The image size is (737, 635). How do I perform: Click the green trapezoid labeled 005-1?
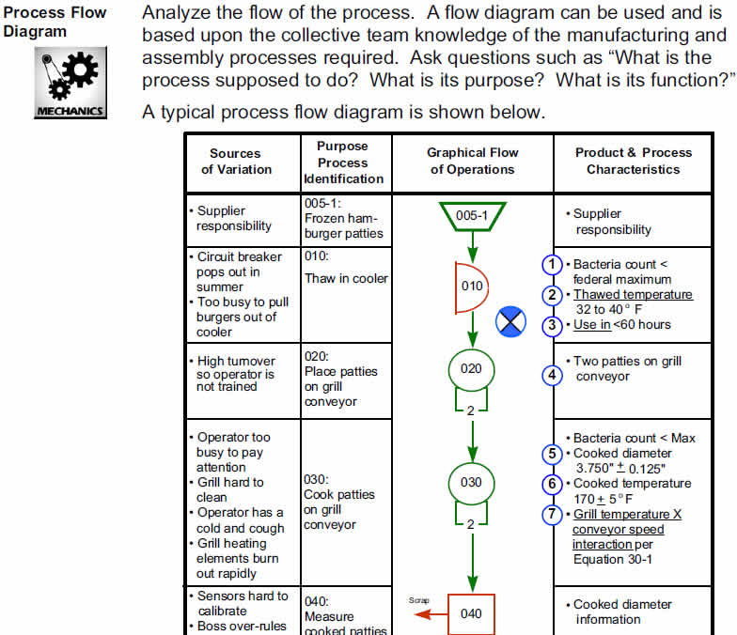click(x=472, y=215)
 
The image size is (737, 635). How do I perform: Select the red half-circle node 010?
click(x=469, y=286)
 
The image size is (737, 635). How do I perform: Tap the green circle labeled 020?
click(x=471, y=368)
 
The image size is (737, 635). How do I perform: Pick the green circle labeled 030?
click(x=471, y=482)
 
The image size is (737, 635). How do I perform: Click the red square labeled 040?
click(x=471, y=613)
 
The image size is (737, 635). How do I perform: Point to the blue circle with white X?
click(x=510, y=322)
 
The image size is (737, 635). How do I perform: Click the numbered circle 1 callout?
click(x=554, y=265)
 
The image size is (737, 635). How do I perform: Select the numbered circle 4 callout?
click(x=554, y=375)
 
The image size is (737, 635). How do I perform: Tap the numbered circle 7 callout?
click(x=554, y=515)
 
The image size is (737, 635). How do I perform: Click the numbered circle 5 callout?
click(x=554, y=454)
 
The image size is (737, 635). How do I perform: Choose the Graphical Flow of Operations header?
click(x=472, y=161)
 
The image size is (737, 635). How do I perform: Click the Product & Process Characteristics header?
click(x=633, y=161)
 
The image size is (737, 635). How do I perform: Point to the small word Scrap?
click(x=419, y=599)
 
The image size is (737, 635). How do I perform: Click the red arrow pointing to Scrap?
click(x=431, y=613)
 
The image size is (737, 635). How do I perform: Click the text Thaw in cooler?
click(x=345, y=278)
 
